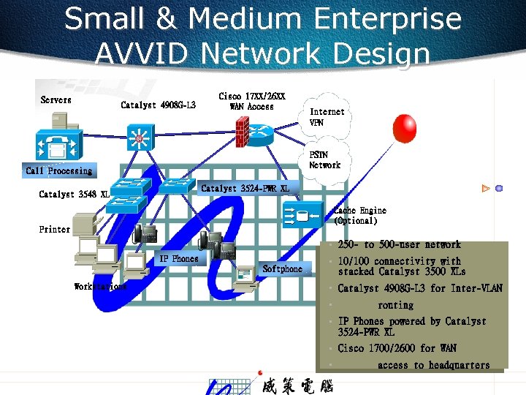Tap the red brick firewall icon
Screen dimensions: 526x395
[x=243, y=132]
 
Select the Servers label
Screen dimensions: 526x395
[x=56, y=99]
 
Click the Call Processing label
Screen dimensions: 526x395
[x=59, y=170]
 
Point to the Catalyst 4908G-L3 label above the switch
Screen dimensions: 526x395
[x=158, y=105]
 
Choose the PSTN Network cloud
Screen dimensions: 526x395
[x=324, y=159]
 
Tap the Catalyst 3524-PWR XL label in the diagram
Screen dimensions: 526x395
[x=245, y=189]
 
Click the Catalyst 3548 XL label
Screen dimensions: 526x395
[x=74, y=195]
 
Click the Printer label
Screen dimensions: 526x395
[x=55, y=229]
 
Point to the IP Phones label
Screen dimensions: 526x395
[x=179, y=258]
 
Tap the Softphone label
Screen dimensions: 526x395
[x=282, y=268]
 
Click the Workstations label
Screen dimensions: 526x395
[x=101, y=287]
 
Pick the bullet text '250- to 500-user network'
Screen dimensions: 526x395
[x=399, y=244]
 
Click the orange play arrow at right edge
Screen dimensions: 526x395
[x=485, y=188]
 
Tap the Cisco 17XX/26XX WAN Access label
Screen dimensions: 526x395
[x=252, y=102]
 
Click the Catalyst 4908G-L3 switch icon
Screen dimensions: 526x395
[x=139, y=137]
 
